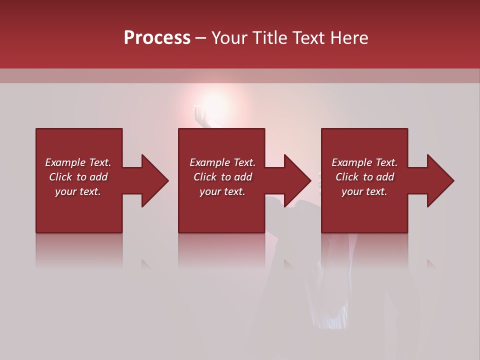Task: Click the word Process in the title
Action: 157,38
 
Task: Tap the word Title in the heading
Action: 269,38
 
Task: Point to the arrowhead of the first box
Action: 154,180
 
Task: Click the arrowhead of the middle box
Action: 297,180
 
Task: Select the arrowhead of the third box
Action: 440,180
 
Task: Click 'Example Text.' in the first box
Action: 78,162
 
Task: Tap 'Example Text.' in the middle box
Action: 222,162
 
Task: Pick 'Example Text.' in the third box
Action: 364,162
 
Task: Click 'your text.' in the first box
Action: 78,191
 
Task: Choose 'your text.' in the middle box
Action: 222,191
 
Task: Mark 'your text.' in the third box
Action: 364,191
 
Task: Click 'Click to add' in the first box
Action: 78,177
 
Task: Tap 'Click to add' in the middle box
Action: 222,177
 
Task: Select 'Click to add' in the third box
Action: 364,177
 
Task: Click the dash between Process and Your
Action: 201,38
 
